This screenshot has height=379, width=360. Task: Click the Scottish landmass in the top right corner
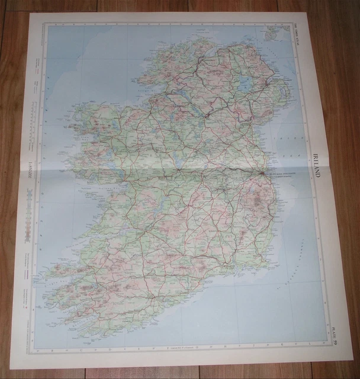[274, 33]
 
